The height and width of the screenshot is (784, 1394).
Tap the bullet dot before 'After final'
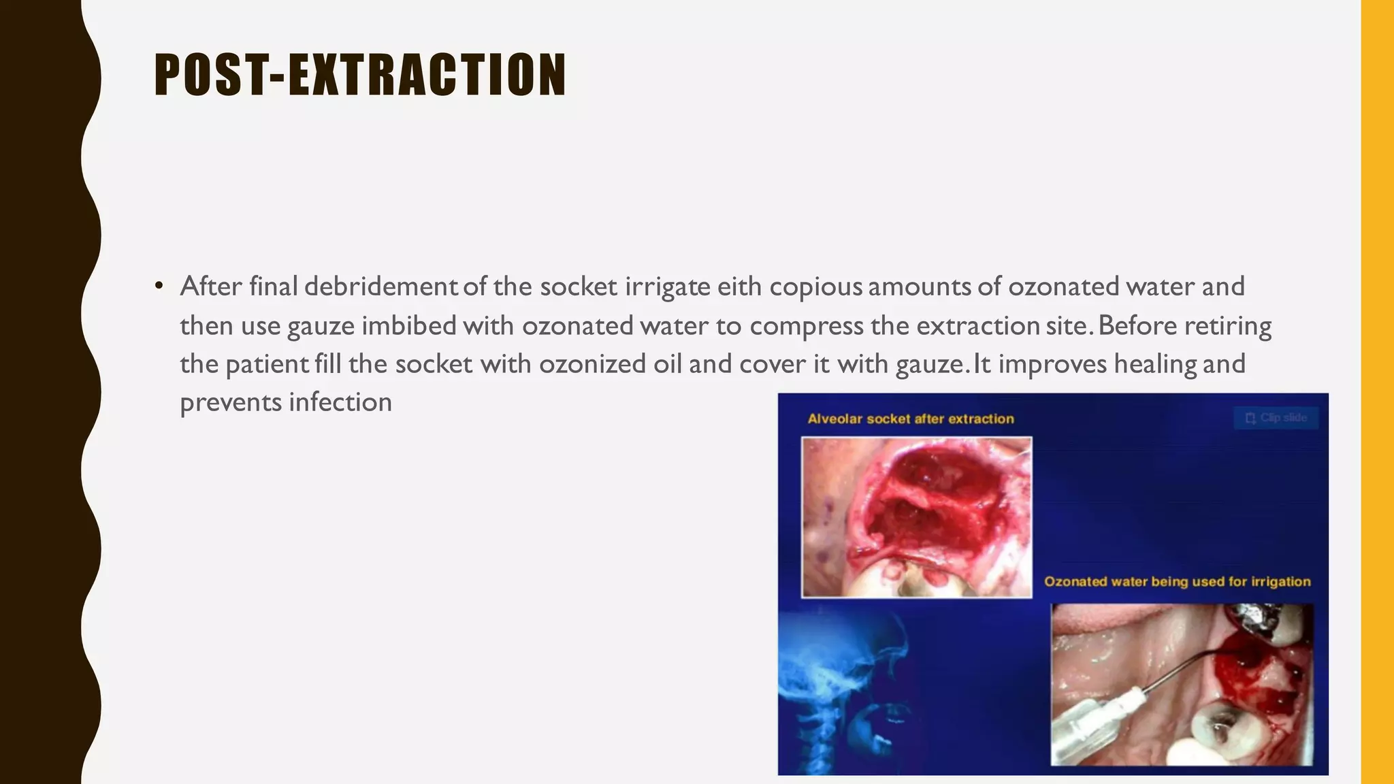(x=159, y=286)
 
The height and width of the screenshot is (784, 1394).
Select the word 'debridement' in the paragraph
(x=380, y=287)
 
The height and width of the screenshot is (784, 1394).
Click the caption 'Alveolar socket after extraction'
(x=910, y=419)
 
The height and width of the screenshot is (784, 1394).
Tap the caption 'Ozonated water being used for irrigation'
(x=1177, y=581)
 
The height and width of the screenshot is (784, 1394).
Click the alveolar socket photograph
(x=916, y=517)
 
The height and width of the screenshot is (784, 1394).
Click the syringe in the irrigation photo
(x=1096, y=721)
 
